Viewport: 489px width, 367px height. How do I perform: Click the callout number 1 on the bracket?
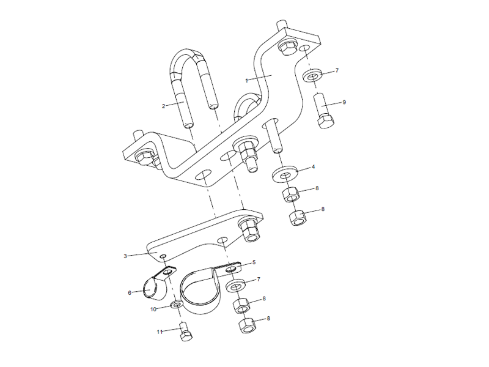pos(246,80)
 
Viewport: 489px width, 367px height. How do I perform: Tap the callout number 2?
pos(164,106)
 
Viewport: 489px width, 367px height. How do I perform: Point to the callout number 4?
pos(313,166)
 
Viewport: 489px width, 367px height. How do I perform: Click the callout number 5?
pos(253,262)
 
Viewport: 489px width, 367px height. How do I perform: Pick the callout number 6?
pos(130,292)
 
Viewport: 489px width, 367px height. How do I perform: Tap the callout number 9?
pos(344,102)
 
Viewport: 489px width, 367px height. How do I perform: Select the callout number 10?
pos(154,310)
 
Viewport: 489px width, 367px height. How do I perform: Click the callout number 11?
pos(160,332)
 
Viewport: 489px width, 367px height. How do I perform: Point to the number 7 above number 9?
pos(336,72)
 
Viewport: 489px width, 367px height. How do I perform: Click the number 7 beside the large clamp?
pos(259,280)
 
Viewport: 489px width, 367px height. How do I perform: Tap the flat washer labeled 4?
pos(285,172)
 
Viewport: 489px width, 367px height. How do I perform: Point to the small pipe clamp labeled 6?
pos(153,286)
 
